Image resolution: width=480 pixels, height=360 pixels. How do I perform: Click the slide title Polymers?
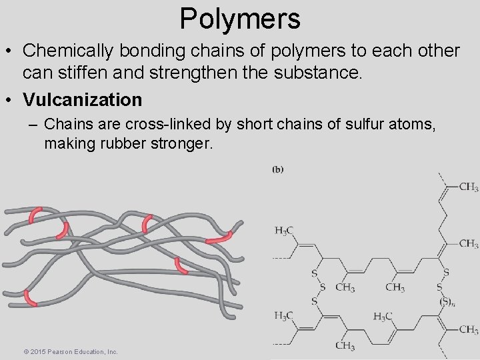[240, 19]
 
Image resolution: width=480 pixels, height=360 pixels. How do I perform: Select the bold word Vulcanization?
[83, 100]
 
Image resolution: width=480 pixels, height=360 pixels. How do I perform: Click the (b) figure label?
[278, 169]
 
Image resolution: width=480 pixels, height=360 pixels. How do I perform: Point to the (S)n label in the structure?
[445, 301]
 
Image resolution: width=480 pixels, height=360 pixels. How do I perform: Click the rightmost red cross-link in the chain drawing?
[219, 237]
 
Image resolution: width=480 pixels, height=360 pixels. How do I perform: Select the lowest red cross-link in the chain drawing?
[30, 297]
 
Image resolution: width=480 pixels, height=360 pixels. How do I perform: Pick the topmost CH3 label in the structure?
[469, 187]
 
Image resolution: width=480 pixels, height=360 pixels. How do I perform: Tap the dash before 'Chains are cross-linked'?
[33, 125]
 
